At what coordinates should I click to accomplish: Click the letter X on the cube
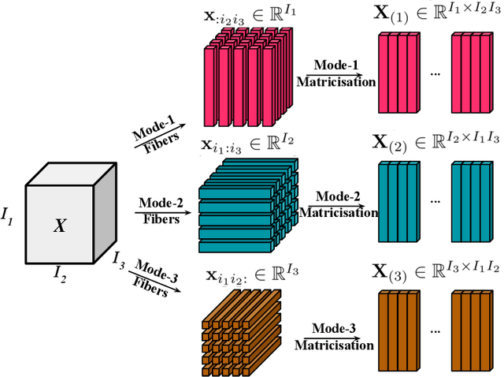(x=60, y=226)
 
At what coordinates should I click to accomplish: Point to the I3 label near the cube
(x=118, y=258)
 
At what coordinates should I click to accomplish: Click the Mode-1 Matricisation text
(x=335, y=73)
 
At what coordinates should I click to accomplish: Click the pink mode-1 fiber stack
(x=245, y=83)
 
